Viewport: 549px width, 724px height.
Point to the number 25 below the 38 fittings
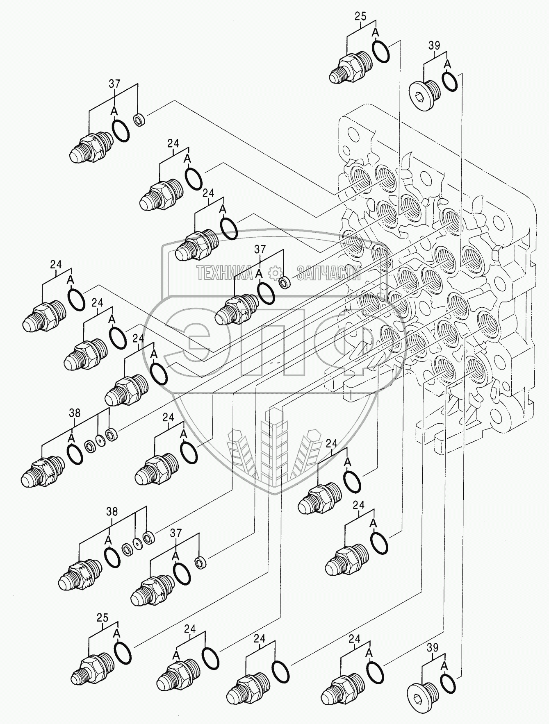(x=103, y=618)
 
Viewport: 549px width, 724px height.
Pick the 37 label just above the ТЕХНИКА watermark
(x=260, y=249)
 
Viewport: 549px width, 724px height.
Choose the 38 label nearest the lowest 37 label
(x=112, y=511)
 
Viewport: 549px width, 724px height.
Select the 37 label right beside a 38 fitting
(x=175, y=533)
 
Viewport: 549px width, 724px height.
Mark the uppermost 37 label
(x=114, y=84)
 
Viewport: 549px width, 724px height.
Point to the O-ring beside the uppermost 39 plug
(x=449, y=82)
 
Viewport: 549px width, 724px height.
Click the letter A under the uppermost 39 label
(x=448, y=64)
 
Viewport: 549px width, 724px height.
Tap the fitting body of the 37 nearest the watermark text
(x=236, y=309)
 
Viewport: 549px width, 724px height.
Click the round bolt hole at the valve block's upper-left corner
(x=352, y=134)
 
